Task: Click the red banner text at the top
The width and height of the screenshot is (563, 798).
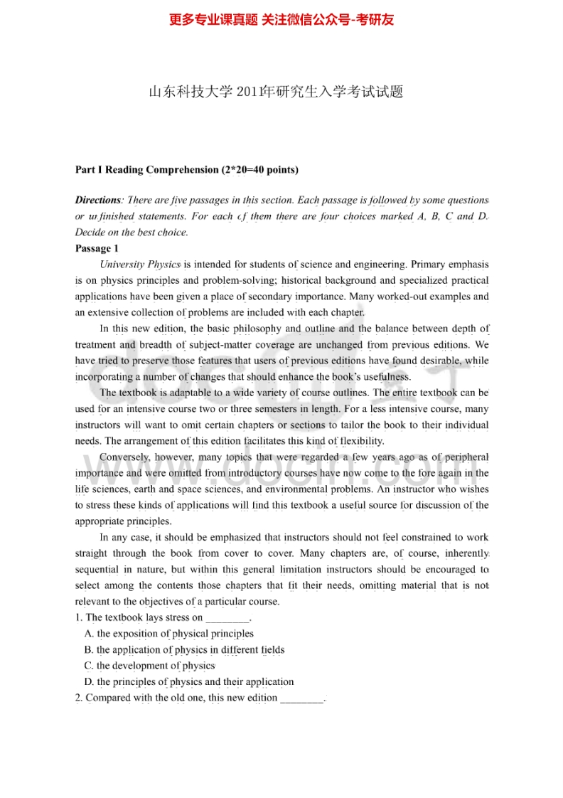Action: (x=281, y=20)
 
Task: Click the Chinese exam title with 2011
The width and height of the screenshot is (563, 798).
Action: (x=276, y=92)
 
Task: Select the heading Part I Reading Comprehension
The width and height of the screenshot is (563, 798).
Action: (x=187, y=169)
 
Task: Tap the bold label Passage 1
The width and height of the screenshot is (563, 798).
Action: (x=93, y=248)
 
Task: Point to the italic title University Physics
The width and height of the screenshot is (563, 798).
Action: (x=140, y=265)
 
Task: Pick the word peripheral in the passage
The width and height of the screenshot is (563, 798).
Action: (x=462, y=457)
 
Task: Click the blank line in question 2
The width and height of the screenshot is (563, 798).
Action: (x=302, y=698)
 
